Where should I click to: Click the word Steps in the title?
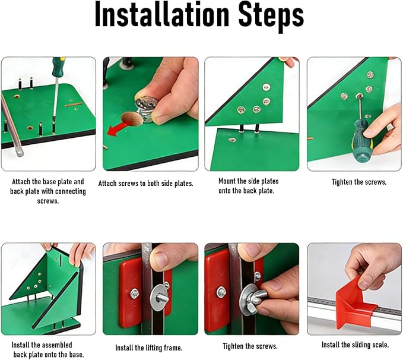click(271, 17)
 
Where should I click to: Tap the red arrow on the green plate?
click(117, 130)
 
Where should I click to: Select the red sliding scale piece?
click(355, 302)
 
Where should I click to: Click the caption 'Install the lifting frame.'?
click(149, 348)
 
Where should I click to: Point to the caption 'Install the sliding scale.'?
click(355, 345)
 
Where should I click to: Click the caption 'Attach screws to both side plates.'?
click(146, 184)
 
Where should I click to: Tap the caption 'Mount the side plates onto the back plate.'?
click(249, 186)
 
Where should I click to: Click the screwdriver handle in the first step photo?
click(58, 67)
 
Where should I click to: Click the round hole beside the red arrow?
click(132, 119)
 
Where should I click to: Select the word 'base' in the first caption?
click(49, 182)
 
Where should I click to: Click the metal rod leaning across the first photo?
click(11, 125)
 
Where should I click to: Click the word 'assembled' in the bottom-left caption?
click(56, 345)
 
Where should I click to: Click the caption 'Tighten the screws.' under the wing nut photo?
click(250, 346)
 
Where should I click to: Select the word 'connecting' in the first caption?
click(70, 192)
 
